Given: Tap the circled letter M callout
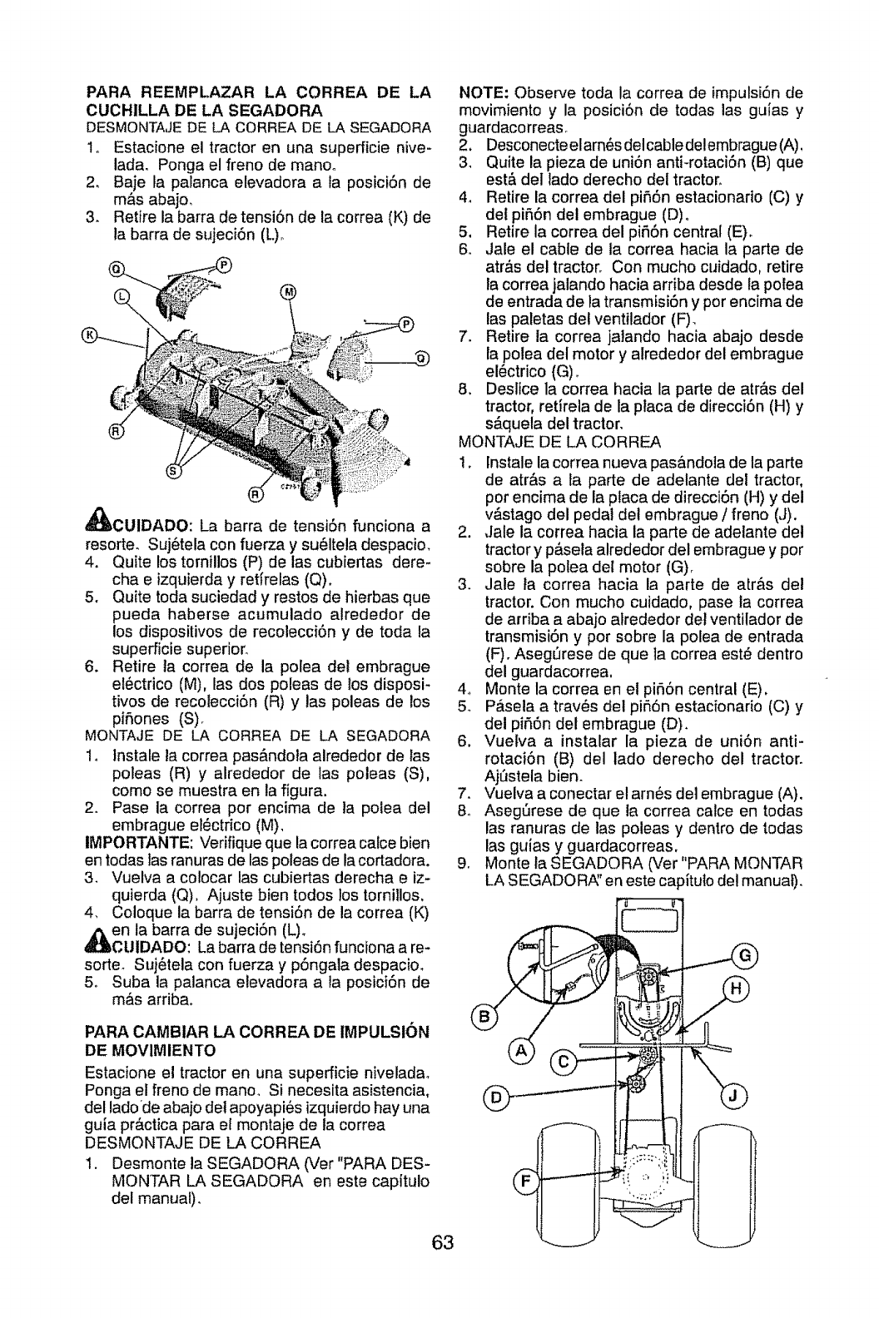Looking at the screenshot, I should (289, 291).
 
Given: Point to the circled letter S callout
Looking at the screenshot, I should (173, 472).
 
